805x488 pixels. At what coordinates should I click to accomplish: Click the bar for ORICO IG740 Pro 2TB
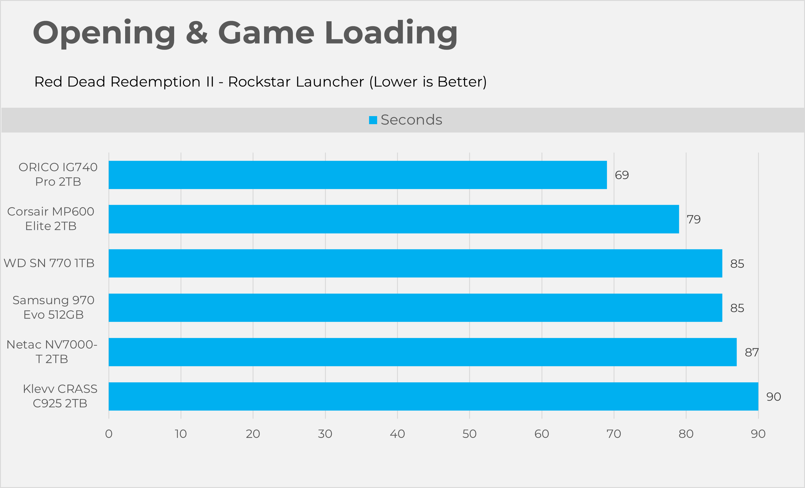358,175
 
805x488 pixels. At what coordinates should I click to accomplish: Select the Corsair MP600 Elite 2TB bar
394,219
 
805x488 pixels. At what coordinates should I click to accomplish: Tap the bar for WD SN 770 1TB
415,263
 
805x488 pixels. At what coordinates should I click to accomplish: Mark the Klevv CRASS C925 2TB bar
433,396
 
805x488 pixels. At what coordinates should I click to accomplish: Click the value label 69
622,175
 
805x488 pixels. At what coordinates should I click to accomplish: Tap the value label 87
752,352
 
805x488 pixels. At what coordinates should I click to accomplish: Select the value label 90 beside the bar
774,397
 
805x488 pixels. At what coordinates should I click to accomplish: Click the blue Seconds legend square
373,120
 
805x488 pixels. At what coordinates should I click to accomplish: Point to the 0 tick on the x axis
109,434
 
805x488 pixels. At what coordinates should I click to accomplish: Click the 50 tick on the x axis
469,434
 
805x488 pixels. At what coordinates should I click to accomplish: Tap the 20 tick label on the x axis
253,434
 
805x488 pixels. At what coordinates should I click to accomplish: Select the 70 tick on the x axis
614,434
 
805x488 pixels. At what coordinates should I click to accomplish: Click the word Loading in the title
391,33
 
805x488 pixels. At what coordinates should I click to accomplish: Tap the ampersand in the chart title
197,33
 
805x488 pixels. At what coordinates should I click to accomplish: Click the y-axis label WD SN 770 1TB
49,263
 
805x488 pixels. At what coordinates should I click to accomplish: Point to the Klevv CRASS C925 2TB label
60,396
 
